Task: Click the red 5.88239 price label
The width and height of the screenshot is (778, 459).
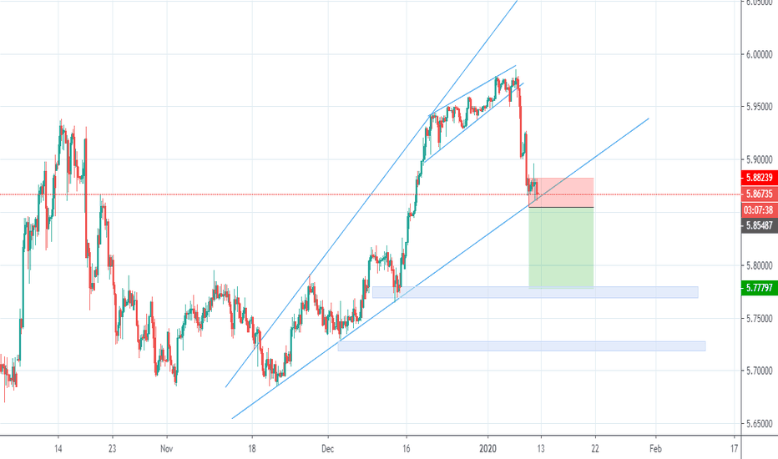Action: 759,178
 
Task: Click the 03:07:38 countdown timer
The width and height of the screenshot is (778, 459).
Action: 759,210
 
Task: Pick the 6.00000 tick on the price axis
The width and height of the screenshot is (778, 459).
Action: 759,54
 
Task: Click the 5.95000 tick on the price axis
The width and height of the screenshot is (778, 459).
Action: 759,107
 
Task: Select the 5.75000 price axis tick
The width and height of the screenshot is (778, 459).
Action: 759,318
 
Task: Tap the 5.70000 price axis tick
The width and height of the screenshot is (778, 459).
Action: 759,371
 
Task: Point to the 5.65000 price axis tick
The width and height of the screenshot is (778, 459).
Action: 759,423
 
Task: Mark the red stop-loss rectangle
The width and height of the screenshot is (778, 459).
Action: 561,192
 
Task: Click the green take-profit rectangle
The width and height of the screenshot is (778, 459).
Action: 561,247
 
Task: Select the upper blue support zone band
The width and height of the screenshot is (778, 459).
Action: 534,292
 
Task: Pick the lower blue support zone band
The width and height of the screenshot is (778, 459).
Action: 522,346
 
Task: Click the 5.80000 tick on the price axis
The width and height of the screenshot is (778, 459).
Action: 759,265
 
